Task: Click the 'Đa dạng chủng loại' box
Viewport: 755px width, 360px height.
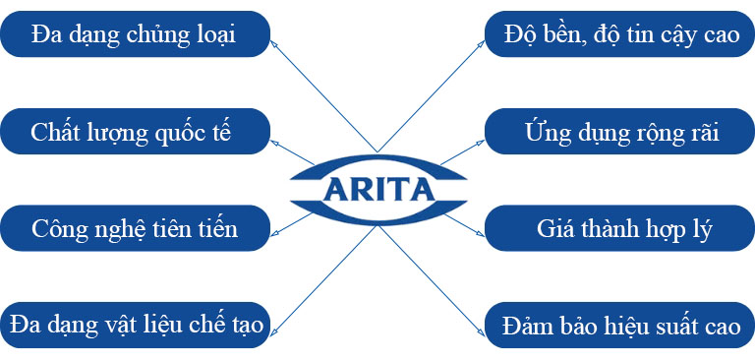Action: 135,34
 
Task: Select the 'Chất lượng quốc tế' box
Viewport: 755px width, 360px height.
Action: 135,132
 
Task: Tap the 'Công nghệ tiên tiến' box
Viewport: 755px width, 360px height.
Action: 135,228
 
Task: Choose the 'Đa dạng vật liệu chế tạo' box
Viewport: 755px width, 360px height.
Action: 135,325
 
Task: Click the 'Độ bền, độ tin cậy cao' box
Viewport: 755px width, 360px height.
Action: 620,34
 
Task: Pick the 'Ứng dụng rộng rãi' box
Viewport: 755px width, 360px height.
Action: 620,132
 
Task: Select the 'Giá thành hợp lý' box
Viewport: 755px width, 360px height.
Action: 620,228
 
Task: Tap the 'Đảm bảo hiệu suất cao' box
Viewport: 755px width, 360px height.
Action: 620,325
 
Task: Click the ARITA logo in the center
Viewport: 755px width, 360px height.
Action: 377,188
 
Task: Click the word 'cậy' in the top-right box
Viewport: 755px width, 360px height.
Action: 669,36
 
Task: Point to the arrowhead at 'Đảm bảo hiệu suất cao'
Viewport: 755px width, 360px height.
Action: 482,316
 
